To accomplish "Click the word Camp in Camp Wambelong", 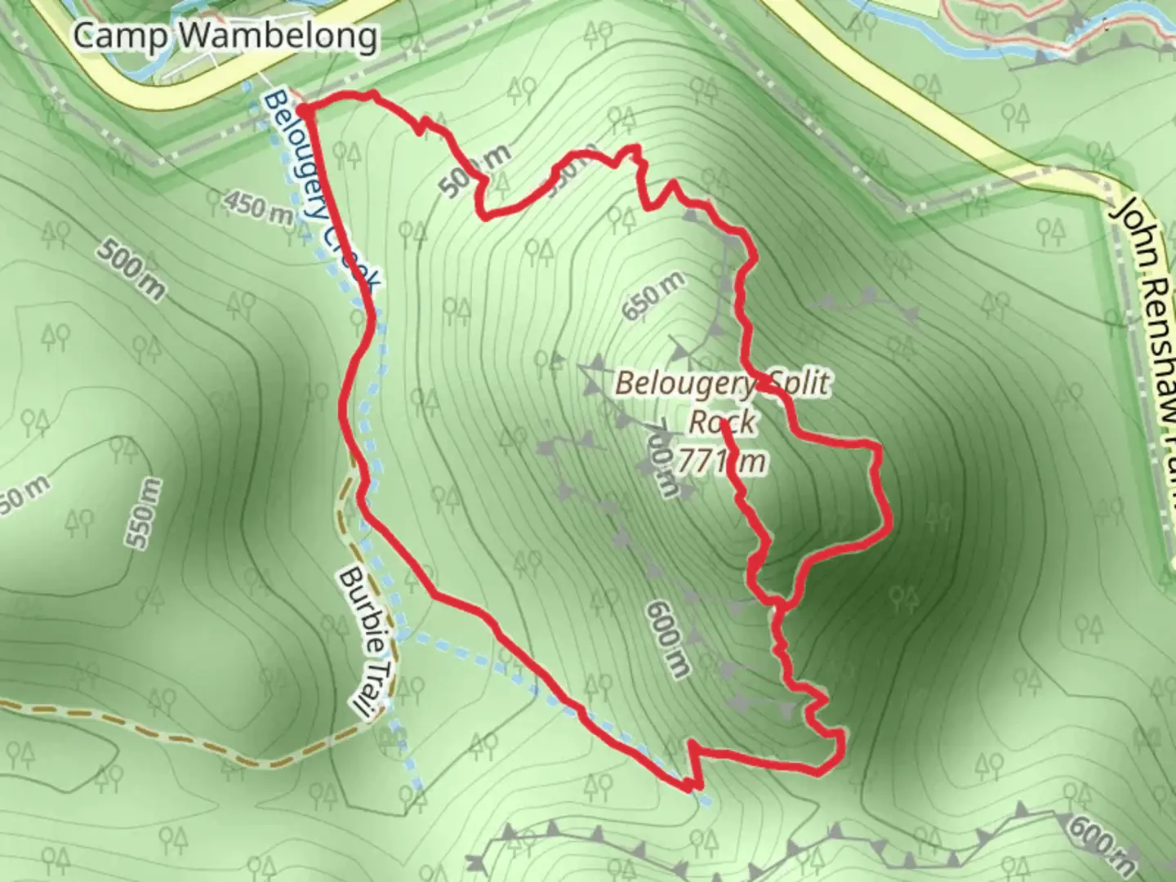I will click(122, 36).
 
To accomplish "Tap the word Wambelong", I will click(277, 37).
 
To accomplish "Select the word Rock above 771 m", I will click(723, 422).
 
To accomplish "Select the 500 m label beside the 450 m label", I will click(130, 269).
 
